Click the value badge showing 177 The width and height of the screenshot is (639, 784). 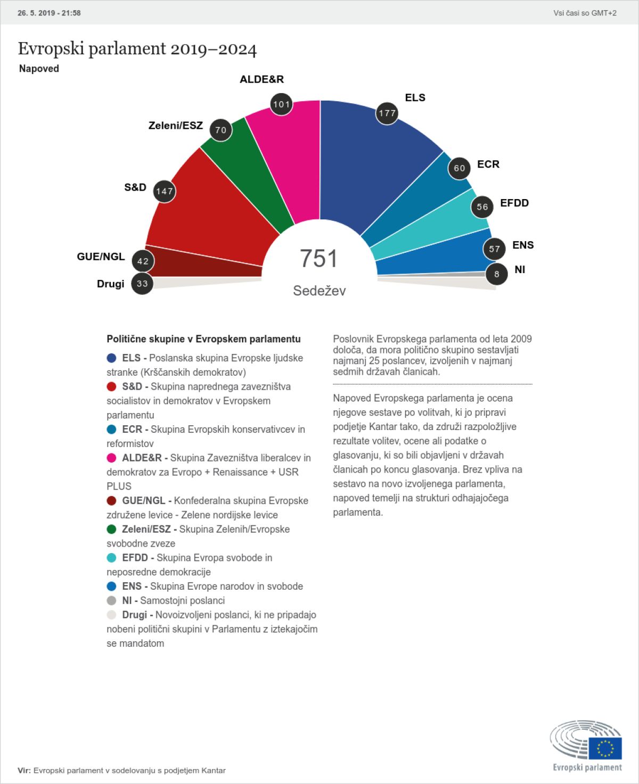tap(387, 113)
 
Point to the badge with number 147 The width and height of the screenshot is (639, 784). tap(165, 191)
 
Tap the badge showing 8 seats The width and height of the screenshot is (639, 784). tap(497, 274)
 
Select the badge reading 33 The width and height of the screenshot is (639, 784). tap(142, 284)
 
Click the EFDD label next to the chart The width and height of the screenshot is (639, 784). tap(514, 203)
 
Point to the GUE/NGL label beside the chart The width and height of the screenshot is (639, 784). tap(101, 257)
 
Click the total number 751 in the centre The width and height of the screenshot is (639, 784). tap(319, 259)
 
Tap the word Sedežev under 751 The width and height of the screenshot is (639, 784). tap(319, 291)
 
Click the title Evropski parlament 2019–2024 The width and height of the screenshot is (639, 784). tap(137, 49)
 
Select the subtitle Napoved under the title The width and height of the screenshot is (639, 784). tap(39, 69)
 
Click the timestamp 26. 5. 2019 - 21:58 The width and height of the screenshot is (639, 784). tap(49, 13)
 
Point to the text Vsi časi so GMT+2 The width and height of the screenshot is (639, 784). tap(585, 13)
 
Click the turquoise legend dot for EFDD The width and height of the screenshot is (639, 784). tap(111, 558)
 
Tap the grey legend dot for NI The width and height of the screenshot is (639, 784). tap(111, 600)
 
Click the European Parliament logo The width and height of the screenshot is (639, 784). tap(586, 745)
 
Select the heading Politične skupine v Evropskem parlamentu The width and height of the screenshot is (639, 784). tap(203, 339)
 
